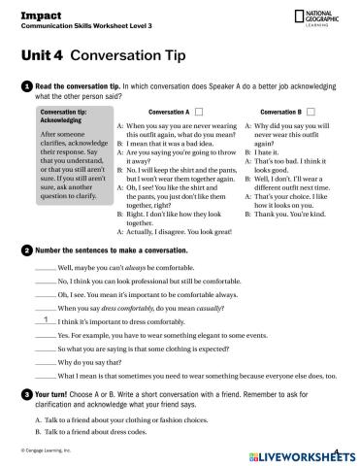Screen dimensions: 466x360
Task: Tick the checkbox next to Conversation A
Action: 199,112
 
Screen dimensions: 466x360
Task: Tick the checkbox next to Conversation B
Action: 310,112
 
